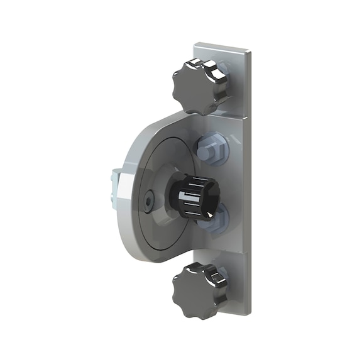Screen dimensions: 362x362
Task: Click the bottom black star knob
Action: [196, 289]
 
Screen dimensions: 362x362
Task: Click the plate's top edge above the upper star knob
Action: [220, 45]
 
